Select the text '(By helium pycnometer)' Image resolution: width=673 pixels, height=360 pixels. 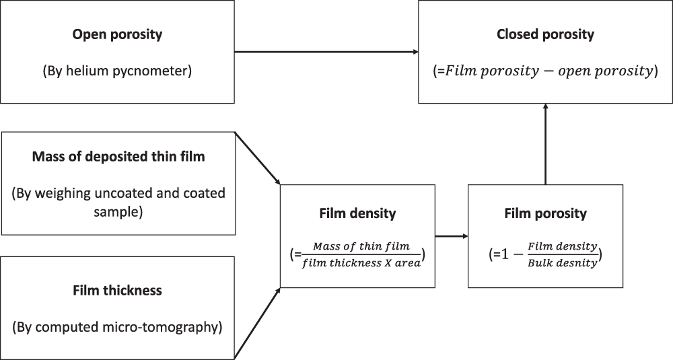118,71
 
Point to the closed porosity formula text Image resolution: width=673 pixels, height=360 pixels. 545,71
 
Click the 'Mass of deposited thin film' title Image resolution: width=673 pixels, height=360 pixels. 118,157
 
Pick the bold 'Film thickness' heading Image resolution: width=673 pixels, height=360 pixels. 118,291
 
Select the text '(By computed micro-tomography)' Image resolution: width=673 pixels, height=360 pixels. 118,328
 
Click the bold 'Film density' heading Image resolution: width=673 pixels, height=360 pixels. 357,214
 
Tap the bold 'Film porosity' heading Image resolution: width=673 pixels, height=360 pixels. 545,214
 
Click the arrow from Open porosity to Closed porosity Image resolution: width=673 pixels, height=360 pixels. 326,52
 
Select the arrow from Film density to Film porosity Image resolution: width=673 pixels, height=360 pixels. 451,236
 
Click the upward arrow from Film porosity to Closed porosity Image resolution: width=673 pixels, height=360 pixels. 545,145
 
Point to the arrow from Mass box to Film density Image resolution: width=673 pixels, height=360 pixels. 257,159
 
